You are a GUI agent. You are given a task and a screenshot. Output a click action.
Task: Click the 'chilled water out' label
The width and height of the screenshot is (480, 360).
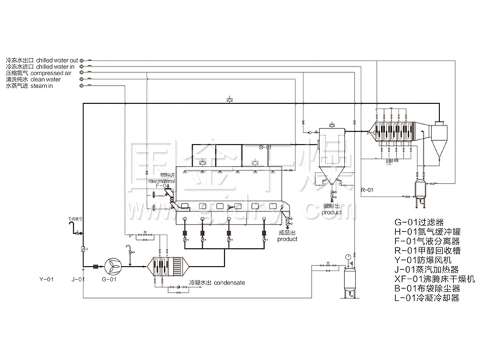[x=57, y=59]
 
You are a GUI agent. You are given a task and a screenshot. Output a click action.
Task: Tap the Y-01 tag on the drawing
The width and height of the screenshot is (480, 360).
[x=46, y=280]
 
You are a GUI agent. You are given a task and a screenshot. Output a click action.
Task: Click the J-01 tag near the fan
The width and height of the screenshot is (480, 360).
[x=78, y=280]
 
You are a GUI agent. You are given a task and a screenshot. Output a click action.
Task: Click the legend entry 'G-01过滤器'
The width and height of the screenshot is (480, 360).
[x=417, y=221]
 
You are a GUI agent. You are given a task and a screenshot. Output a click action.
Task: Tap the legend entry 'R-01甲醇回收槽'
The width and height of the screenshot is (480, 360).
[x=426, y=250]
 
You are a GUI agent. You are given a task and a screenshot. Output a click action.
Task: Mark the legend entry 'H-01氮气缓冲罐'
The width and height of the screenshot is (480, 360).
[x=426, y=231]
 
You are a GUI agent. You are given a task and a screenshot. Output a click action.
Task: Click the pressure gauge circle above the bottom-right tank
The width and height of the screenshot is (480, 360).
[x=349, y=256]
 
